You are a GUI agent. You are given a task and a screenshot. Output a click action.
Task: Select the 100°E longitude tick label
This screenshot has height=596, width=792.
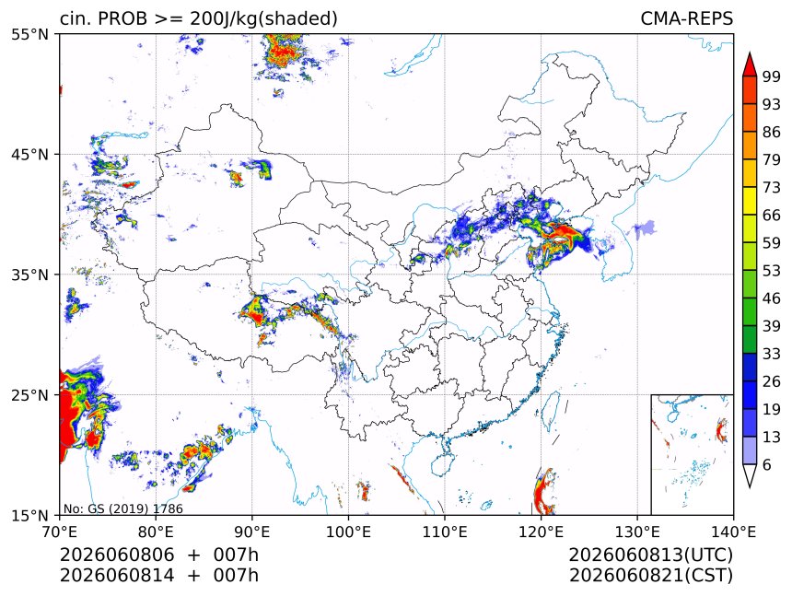point(348,532)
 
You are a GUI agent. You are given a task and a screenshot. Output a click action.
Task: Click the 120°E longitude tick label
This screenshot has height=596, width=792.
point(541,532)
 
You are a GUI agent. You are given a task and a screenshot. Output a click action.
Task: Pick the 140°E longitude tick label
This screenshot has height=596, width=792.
point(733,532)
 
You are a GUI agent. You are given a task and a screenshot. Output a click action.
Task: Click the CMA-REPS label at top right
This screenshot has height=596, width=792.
point(686,18)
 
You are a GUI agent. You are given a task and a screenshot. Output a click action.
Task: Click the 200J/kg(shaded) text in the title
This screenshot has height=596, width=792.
point(263,19)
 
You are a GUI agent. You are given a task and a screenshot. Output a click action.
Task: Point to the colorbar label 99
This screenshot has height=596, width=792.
point(772,76)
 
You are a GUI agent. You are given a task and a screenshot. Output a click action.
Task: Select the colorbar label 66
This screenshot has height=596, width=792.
point(772,216)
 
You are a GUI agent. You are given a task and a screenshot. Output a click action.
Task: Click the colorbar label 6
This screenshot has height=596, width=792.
point(767,464)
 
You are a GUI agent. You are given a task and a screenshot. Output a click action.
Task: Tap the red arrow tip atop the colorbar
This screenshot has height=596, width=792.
point(750,53)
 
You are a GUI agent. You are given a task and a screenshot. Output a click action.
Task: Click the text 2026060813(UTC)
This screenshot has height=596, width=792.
point(650,555)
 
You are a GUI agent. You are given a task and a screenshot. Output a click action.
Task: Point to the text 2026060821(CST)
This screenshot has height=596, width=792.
point(650,576)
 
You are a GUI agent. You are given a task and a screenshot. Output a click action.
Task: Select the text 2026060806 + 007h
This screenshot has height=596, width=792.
point(159,555)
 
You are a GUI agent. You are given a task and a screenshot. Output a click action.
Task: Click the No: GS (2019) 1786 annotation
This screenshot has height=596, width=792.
point(122,508)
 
